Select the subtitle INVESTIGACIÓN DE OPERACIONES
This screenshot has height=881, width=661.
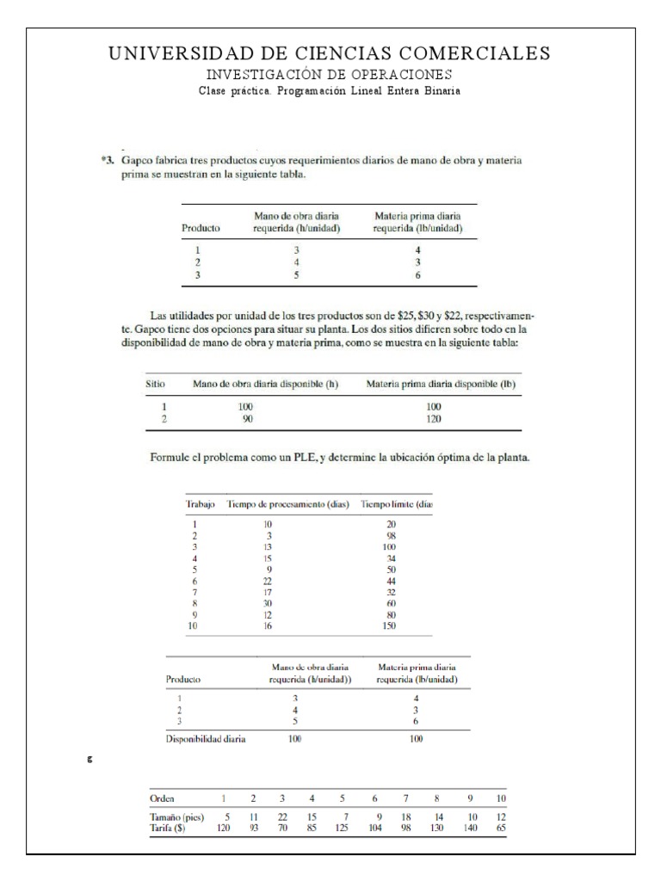330,75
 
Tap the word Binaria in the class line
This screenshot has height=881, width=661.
440,90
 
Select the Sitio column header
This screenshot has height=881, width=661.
151,385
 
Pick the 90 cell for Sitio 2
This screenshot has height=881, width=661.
246,419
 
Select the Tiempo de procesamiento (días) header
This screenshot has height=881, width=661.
287,503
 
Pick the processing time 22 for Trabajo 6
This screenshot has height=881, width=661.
267,582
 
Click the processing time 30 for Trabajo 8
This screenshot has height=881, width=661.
267,604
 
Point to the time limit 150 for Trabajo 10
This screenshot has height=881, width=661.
390,626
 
